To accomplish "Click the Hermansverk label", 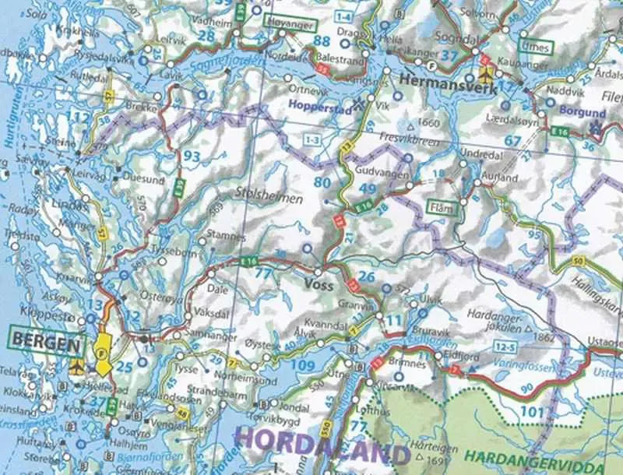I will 442,79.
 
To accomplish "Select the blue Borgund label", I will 583,111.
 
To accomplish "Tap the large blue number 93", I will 190,157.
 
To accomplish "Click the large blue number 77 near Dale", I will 265,273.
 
